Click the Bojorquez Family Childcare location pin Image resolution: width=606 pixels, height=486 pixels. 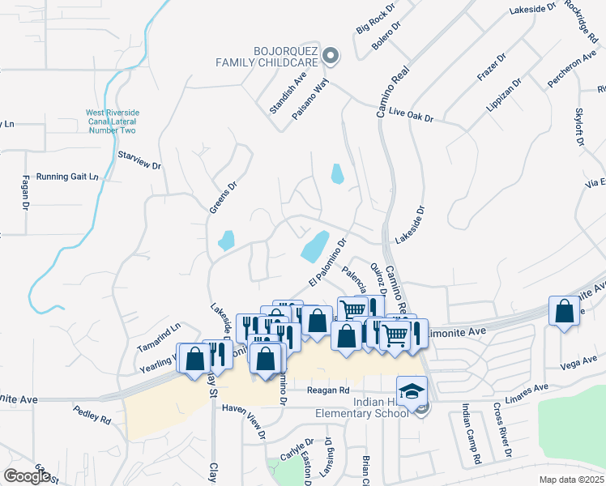330,55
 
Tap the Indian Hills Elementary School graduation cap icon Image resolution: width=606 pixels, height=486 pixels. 412,390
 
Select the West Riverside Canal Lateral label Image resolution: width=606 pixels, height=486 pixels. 111,122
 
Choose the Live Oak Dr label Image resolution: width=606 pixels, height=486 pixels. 411,114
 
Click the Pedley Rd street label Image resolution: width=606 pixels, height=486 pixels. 92,416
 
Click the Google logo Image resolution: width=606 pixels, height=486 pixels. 27,476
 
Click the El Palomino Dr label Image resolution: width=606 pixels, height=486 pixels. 327,262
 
